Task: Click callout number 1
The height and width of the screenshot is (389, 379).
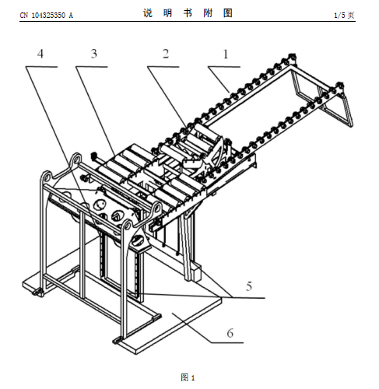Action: (x=226, y=54)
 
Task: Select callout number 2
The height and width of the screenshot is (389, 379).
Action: (x=166, y=54)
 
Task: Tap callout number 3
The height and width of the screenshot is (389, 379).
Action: (x=94, y=54)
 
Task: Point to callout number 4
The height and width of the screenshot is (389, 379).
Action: (x=40, y=54)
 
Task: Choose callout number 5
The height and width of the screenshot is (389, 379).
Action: (x=249, y=286)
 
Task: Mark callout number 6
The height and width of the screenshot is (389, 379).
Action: (x=230, y=333)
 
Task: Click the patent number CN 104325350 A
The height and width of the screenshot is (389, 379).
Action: (x=47, y=16)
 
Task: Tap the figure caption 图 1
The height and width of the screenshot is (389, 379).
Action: (x=188, y=377)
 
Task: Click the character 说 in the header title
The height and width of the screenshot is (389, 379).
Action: (x=148, y=13)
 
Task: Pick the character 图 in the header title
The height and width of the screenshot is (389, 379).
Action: (x=228, y=13)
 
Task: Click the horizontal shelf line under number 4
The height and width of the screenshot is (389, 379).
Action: (x=41, y=67)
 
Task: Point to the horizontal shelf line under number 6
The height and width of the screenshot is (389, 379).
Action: (x=227, y=343)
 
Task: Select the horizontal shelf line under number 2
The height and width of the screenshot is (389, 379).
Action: (x=163, y=67)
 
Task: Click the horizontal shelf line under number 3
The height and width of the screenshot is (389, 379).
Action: (x=92, y=67)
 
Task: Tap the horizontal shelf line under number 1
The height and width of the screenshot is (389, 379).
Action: (x=224, y=67)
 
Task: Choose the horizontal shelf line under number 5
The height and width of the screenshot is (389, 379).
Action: (x=248, y=298)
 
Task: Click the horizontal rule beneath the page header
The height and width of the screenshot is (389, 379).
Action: (x=188, y=21)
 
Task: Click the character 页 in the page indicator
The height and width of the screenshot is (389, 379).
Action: (x=351, y=16)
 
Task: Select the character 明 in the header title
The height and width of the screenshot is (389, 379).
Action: (x=168, y=13)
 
